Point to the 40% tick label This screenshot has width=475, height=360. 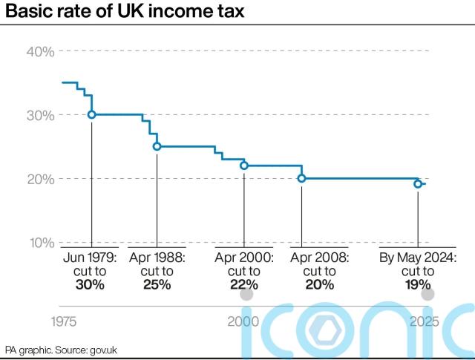(40, 51)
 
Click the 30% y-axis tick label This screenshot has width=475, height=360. (40, 115)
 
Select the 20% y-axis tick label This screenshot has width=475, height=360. (40, 179)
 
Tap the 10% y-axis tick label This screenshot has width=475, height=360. (40, 243)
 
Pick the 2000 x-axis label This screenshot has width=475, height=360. (243, 322)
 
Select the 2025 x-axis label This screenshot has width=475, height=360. (424, 322)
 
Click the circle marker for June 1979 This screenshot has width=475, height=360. (91, 114)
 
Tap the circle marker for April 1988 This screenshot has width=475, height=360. (157, 146)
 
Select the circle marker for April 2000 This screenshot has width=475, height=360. (243, 166)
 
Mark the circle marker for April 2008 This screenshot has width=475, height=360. (301, 178)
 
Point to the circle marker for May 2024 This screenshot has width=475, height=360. (418, 183)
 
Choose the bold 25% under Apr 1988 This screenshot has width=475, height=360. (157, 285)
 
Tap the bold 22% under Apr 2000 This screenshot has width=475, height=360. (243, 285)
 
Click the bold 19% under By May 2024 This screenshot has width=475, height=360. (418, 285)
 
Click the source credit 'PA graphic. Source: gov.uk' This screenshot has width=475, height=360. (56, 349)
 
